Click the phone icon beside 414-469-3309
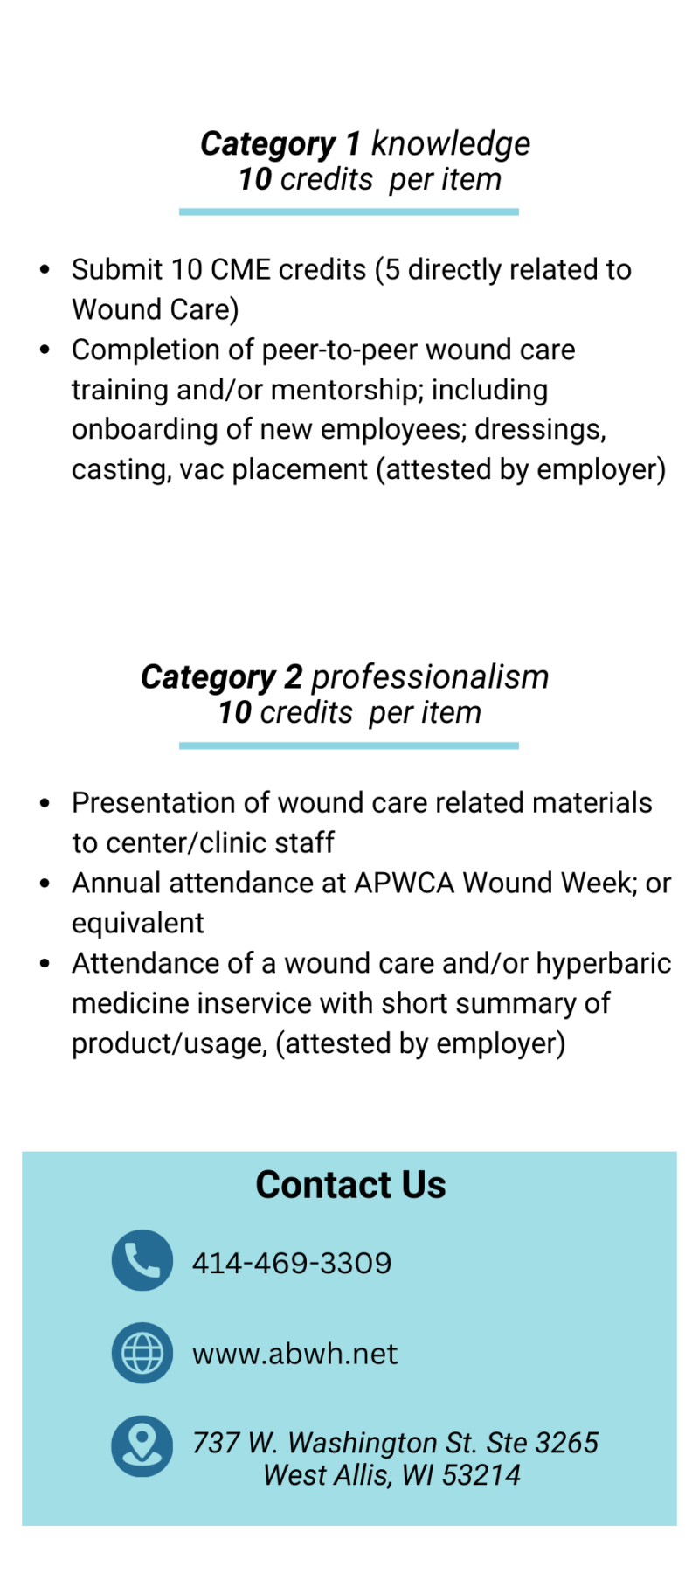click(142, 1260)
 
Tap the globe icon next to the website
click(142, 1353)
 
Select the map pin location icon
click(142, 1445)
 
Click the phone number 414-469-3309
click(292, 1263)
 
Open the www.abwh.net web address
click(294, 1354)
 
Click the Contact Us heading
click(350, 1185)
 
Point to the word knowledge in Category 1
click(450, 143)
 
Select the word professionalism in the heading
click(430, 676)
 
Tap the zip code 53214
click(481, 1475)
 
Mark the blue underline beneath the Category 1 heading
click(349, 211)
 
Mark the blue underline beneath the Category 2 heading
click(349, 745)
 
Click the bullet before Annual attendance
click(45, 883)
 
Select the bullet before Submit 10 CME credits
click(45, 269)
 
